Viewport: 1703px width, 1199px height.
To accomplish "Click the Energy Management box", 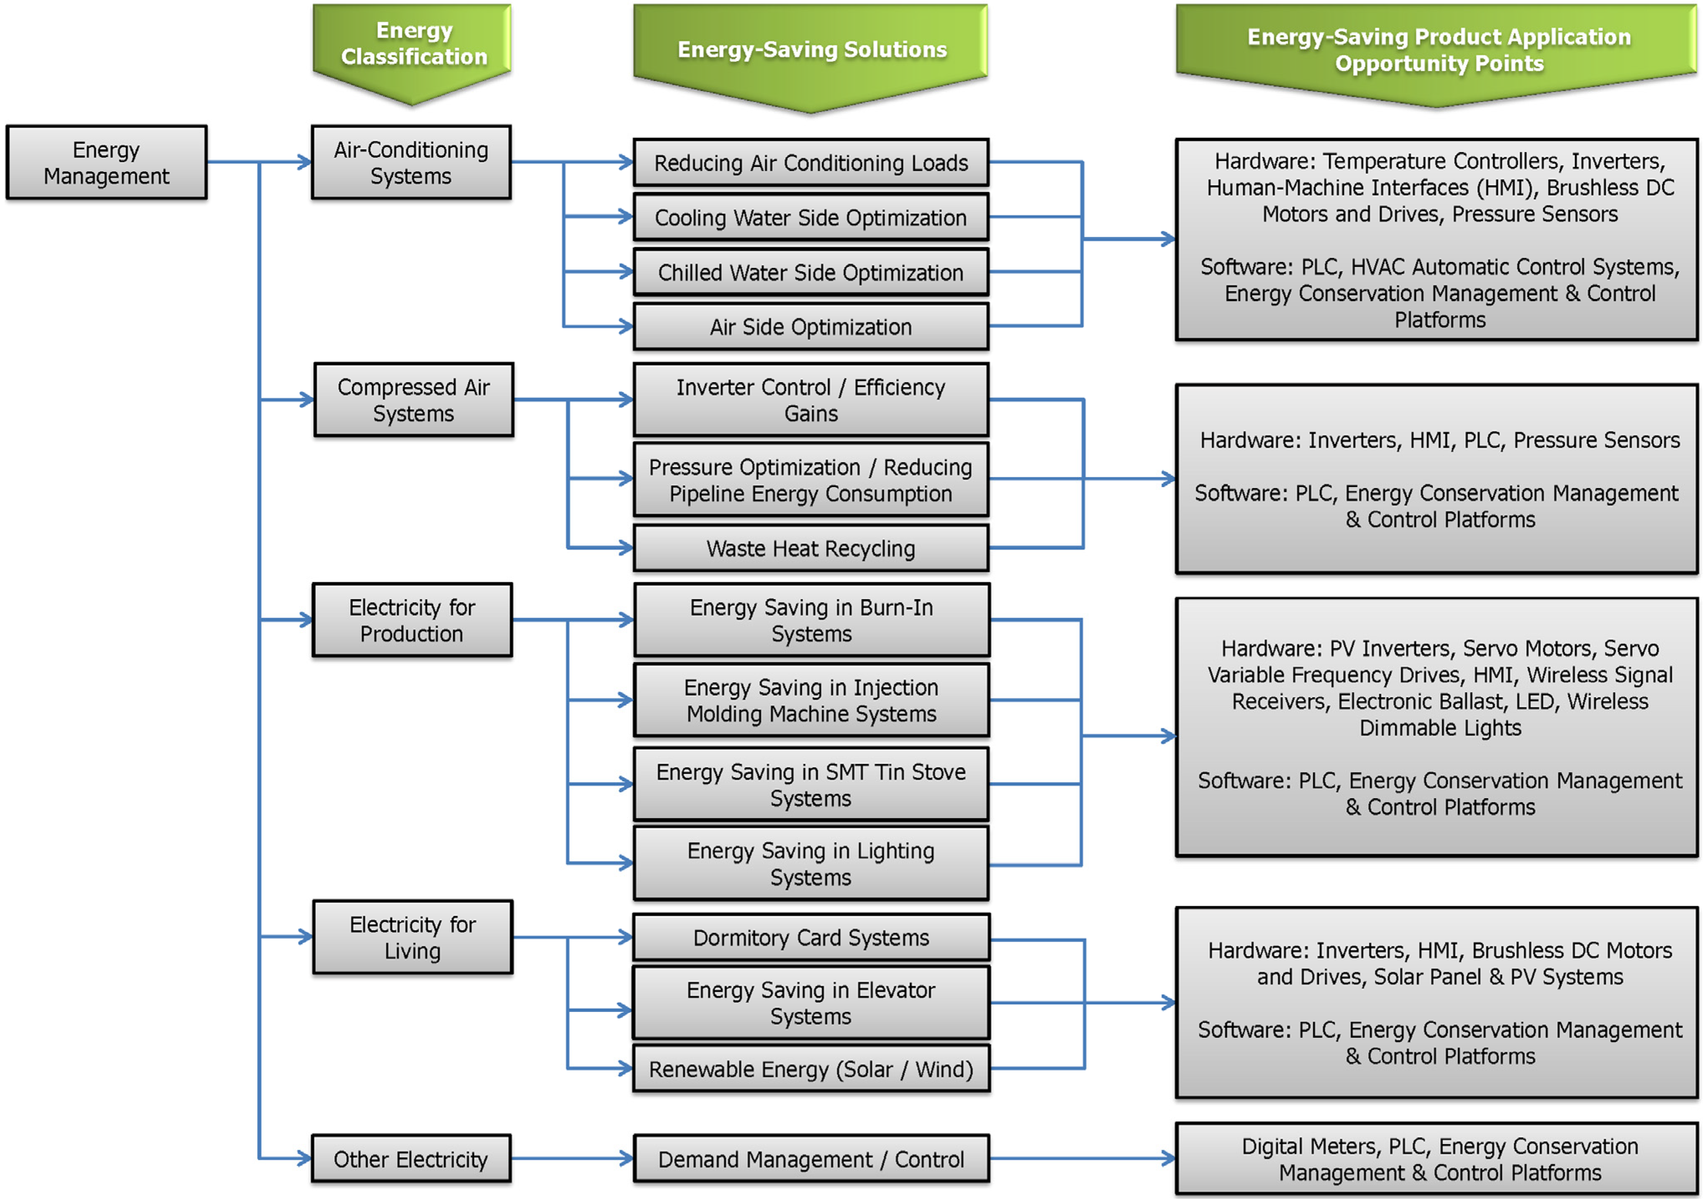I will [106, 162].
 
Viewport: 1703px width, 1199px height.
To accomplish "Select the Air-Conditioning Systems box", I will [411, 162].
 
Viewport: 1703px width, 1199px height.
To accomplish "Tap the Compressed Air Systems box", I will [413, 400].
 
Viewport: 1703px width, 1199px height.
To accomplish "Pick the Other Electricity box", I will [411, 1159].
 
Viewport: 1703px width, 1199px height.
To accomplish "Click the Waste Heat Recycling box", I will [811, 548].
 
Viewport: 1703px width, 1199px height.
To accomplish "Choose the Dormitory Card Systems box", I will [811, 938].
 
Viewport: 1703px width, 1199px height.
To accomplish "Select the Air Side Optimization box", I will [811, 327].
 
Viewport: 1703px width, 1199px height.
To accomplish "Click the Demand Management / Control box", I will [811, 1159].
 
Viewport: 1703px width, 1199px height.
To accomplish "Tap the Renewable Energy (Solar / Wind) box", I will [811, 1069].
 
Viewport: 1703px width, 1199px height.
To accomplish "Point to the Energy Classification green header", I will [413, 44].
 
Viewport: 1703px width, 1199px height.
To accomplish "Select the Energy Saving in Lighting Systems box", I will [811, 864].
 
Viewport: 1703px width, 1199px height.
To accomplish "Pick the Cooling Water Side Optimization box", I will [811, 218].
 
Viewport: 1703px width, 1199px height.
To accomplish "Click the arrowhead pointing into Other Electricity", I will [304, 1158].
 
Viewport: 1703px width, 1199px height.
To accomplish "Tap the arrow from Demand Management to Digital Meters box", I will [1083, 1158].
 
